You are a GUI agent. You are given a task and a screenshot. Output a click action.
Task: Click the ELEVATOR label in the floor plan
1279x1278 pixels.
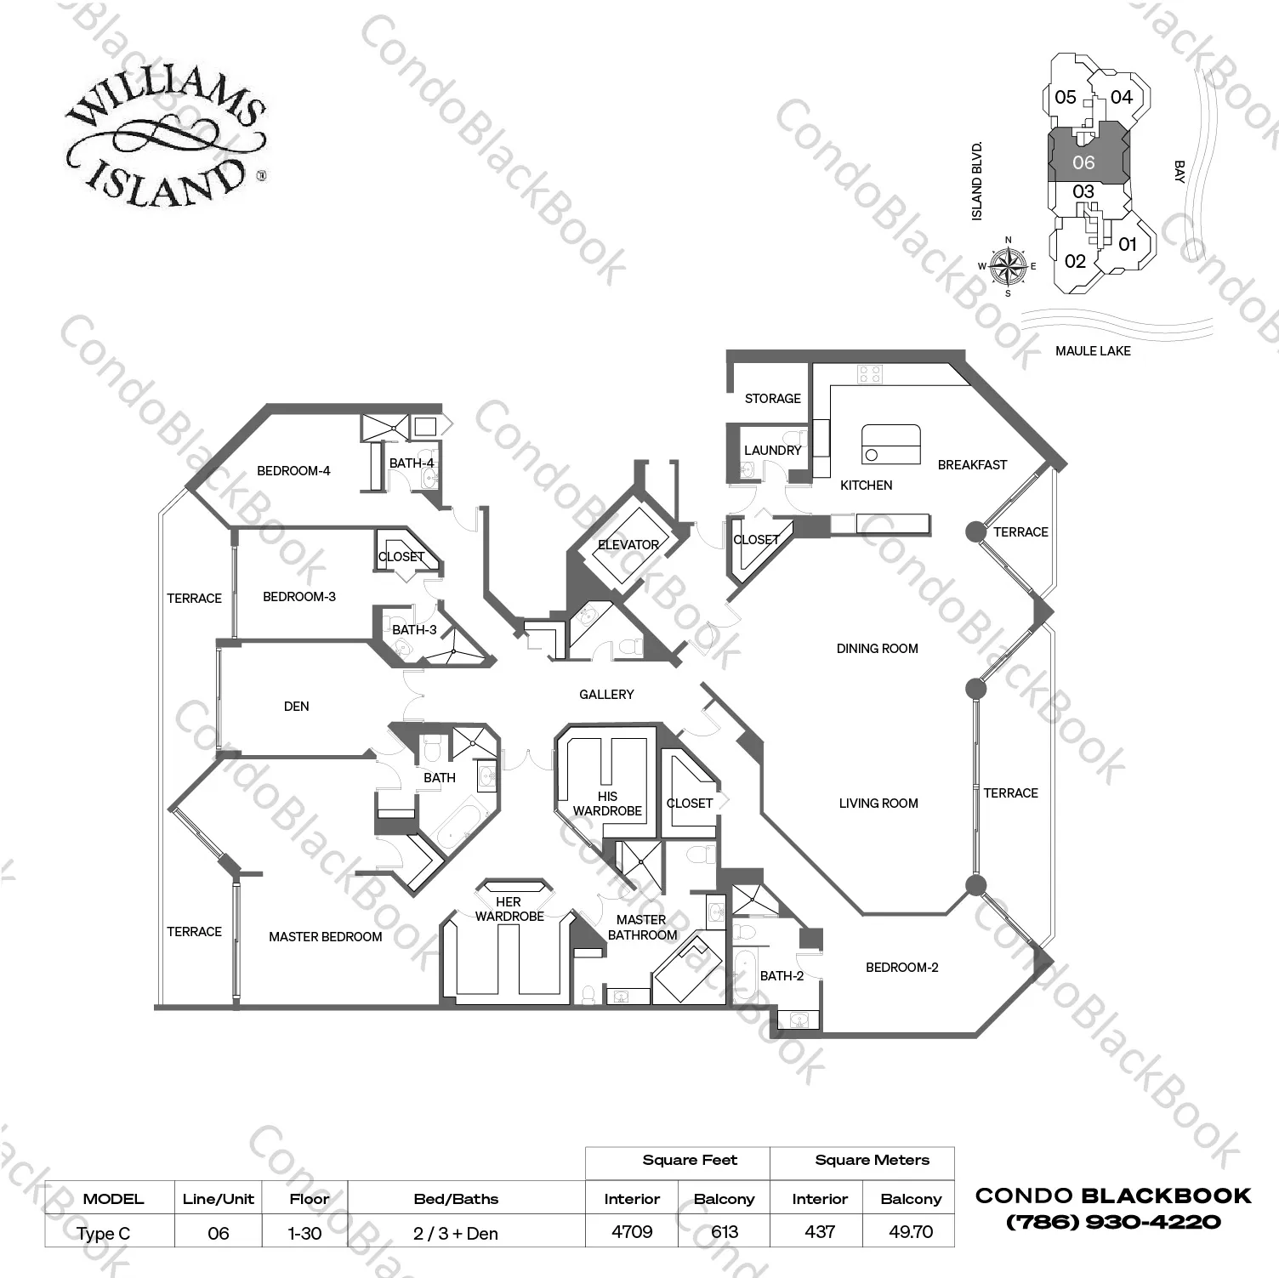coord(628,545)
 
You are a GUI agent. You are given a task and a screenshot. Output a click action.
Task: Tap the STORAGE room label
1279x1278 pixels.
coord(772,398)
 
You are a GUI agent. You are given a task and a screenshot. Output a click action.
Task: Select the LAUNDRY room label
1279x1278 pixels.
coord(772,451)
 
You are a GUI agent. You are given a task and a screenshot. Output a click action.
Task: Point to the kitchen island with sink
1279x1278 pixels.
coord(891,445)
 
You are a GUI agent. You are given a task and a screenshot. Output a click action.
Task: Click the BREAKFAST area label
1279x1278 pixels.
coord(972,465)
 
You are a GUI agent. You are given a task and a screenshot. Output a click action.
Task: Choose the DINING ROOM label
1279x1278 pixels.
coord(877,649)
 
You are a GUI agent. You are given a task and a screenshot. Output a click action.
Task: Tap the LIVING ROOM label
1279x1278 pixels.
coord(878,804)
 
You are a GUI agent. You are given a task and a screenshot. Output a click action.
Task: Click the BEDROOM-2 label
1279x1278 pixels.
coord(901,968)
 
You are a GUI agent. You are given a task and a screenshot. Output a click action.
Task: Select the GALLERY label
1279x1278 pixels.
coord(606,695)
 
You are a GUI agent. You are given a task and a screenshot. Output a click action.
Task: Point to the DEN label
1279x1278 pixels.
coord(296,707)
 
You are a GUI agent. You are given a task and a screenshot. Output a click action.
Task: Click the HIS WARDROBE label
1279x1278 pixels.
coord(607,804)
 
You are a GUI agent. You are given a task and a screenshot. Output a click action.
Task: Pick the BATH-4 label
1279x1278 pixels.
coord(412,463)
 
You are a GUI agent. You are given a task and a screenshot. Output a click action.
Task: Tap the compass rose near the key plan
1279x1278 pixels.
coord(1008,265)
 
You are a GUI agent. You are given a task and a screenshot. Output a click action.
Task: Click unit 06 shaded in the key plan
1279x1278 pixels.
coord(1083,162)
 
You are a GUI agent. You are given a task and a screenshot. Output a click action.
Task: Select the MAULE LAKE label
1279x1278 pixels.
coord(1093,350)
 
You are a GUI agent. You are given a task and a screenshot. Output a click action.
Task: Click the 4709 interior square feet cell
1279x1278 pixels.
coord(632,1231)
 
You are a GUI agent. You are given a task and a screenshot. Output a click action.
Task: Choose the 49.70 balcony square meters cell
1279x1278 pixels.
coord(910,1231)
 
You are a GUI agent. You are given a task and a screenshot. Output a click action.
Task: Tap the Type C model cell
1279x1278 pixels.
coord(103,1233)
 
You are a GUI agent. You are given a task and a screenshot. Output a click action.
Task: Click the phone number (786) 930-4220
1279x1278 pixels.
coord(1113,1223)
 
